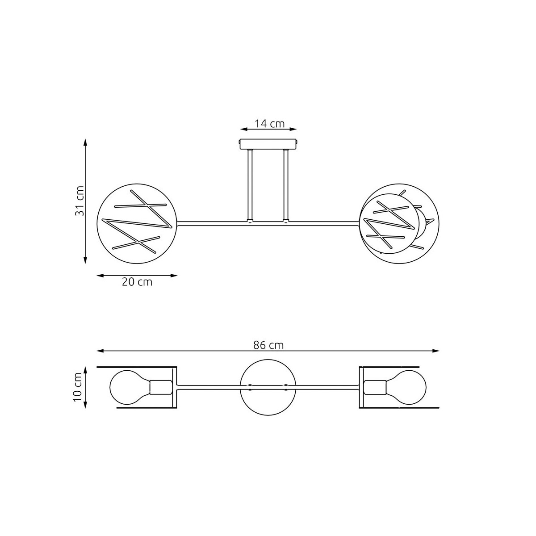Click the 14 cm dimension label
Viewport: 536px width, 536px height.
coord(269,123)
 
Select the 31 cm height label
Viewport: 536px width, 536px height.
coord(79,201)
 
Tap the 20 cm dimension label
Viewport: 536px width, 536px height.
coord(137,282)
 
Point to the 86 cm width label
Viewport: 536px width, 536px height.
coord(268,345)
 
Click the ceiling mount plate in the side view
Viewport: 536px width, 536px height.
coord(268,144)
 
